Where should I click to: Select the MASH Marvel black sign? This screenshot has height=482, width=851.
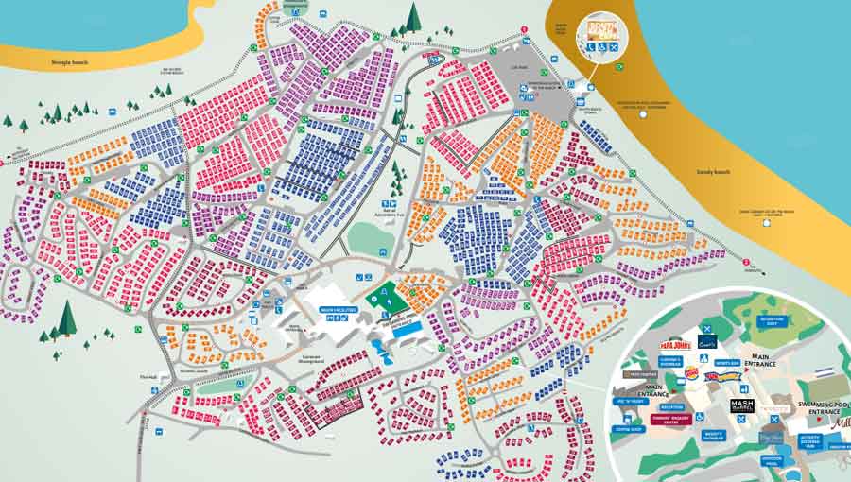coord(742,407)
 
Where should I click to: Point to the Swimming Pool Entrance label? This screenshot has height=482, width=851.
coord(809,398)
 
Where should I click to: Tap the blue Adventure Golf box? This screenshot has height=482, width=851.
coord(772,321)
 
